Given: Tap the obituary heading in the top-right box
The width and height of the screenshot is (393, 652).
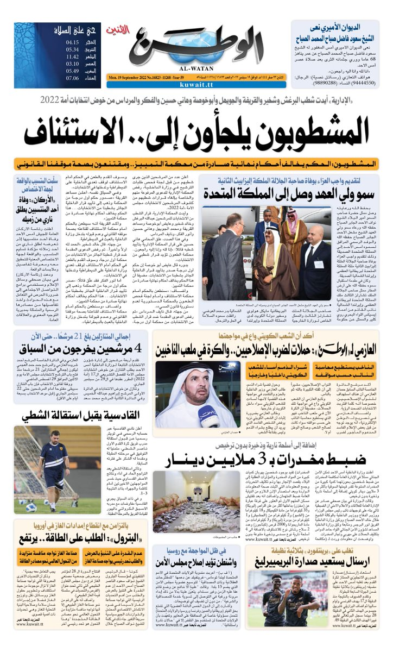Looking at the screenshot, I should click(338, 30).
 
